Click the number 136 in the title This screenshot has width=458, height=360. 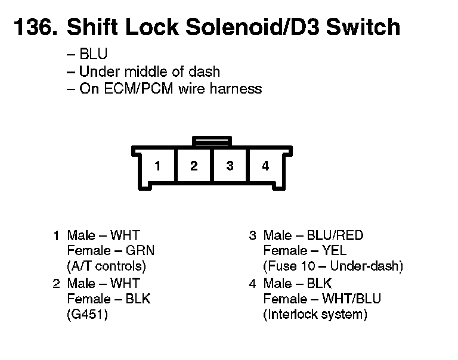coord(33,27)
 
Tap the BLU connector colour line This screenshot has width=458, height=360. coord(93,55)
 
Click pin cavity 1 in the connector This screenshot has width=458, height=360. coord(157,166)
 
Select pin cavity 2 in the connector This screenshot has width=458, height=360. coord(194,166)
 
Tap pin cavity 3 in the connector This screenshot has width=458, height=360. coord(230,166)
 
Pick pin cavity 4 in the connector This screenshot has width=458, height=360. coord(265,166)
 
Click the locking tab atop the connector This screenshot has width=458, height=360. coord(212,141)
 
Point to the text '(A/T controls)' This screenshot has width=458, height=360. coord(107,266)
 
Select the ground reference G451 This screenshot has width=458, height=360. coord(88,314)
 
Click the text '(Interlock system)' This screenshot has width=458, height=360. coord(315,314)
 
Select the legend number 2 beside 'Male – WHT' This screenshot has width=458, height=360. coord(57,283)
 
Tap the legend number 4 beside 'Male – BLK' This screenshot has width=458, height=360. coord(253,283)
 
